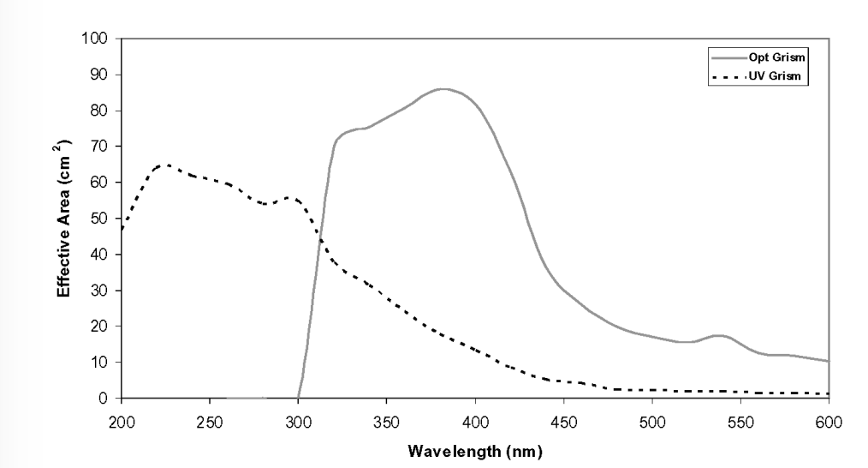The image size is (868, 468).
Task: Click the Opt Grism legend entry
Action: coord(778,57)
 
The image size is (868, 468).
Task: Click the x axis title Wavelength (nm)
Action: coord(475,448)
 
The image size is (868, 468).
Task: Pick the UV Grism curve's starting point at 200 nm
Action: coord(122,229)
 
